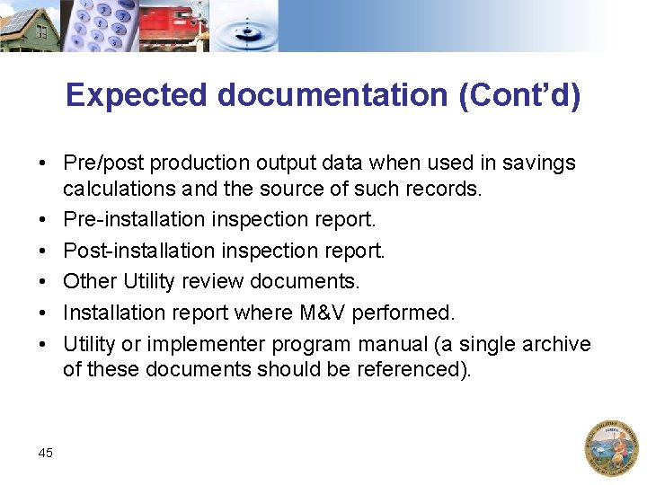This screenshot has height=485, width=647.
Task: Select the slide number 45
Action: coord(46,453)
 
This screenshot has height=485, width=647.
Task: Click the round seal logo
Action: coord(611,447)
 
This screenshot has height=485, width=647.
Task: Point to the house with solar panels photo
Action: coord(29,25)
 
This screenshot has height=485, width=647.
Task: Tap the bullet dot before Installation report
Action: coord(42,313)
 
